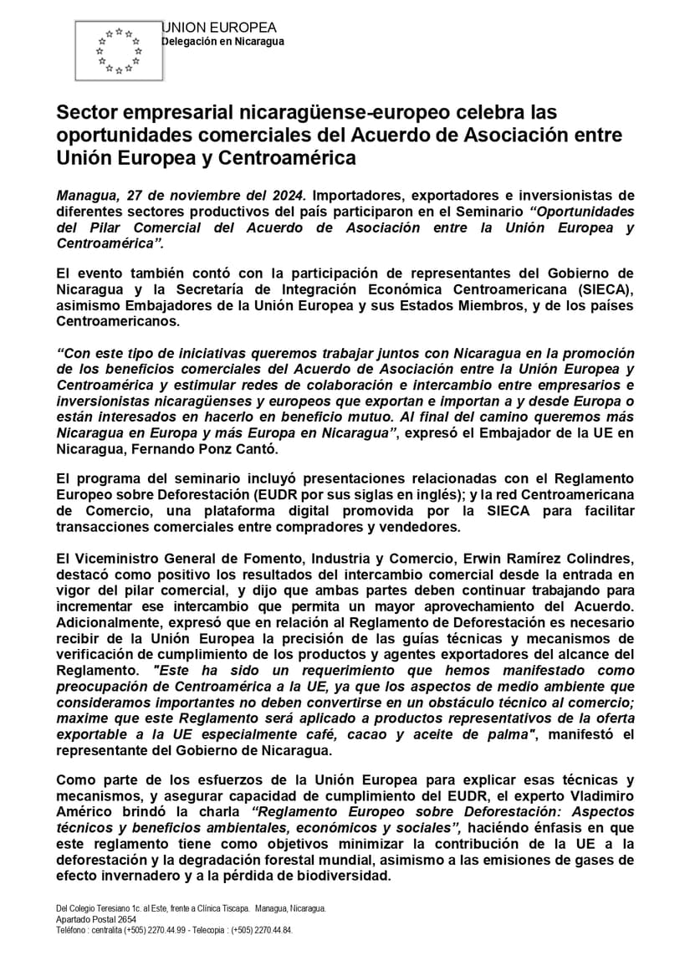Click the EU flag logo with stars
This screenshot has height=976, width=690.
[118, 51]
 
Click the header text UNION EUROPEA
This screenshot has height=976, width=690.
[219, 28]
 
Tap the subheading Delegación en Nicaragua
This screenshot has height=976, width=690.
[222, 42]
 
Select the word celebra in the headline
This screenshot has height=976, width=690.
[492, 112]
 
